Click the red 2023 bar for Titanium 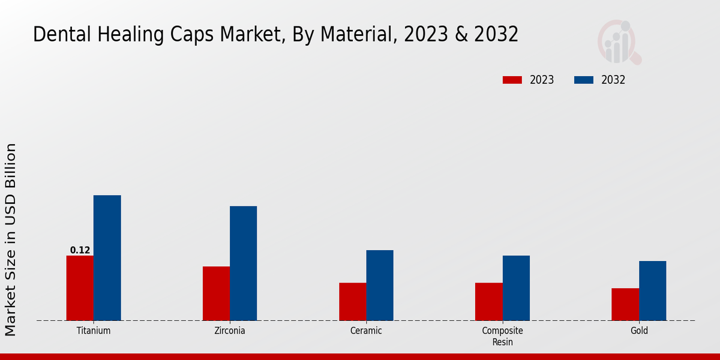click(80, 288)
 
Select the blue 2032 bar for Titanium click(107, 258)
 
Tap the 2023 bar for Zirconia click(216, 293)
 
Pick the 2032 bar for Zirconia click(243, 263)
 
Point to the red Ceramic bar click(352, 301)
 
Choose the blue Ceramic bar click(380, 285)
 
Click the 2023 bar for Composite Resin click(488, 301)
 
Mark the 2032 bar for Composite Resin click(516, 288)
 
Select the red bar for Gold click(625, 304)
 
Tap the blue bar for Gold click(652, 290)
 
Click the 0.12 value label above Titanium click(80, 250)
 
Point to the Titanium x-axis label click(94, 331)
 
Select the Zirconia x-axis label click(230, 331)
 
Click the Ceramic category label click(366, 331)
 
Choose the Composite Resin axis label click(502, 336)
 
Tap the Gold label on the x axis click(639, 331)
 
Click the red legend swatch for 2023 click(512, 80)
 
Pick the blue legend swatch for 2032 click(584, 80)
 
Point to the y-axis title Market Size click(11, 240)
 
